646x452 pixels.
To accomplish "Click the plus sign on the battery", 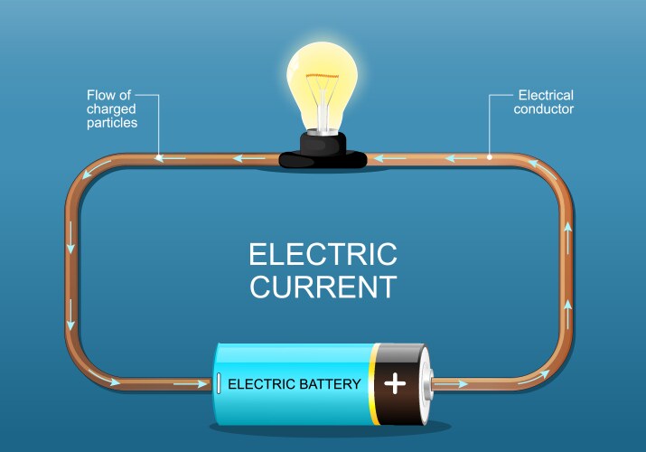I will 395,383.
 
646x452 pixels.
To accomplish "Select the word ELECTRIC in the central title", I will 323,253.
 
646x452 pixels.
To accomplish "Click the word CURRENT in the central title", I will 323,287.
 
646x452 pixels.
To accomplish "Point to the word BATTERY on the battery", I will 329,384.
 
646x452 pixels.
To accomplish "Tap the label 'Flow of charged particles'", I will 112,108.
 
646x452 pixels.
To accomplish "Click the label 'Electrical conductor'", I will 544,101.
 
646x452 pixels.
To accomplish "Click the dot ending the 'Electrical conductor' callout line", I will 490,156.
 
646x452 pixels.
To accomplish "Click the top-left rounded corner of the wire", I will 82,174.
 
